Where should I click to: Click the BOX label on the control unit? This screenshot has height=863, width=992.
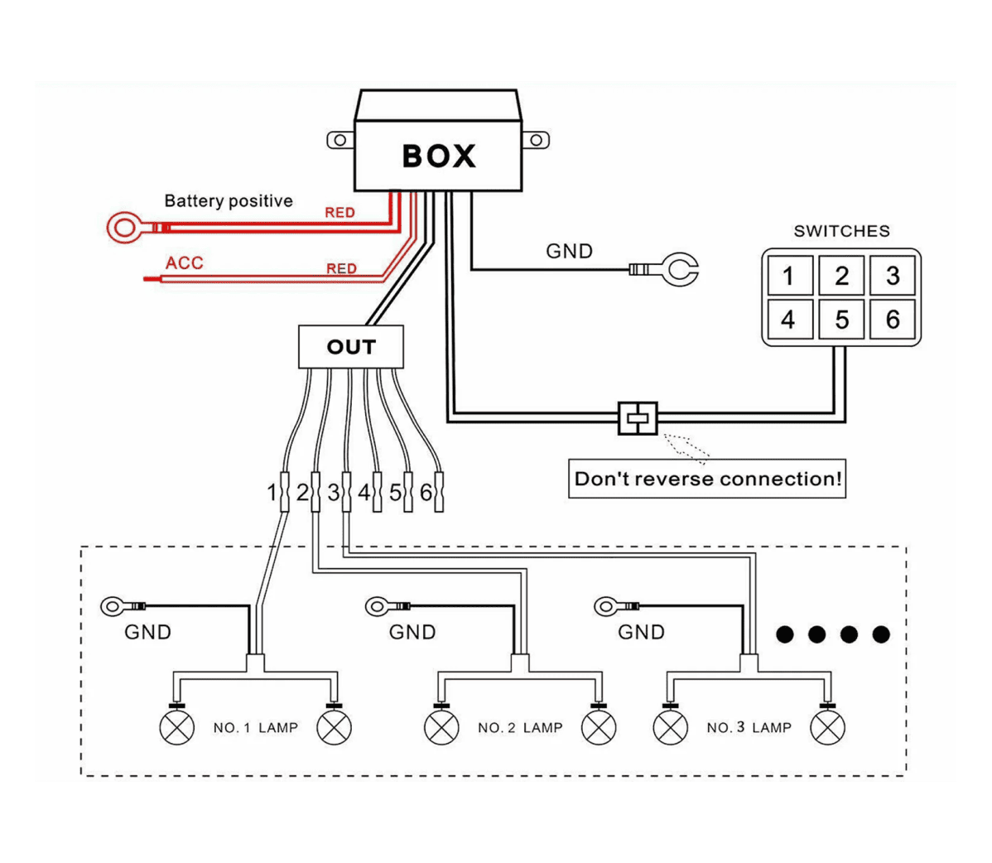438,156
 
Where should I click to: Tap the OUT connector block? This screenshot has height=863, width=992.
350,347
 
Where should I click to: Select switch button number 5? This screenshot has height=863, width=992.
840,320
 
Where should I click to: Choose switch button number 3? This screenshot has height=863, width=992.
892,275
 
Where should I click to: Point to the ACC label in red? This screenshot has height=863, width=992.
184,263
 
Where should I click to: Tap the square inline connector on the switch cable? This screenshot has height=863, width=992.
638,418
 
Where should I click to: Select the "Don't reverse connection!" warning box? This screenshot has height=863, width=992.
706,479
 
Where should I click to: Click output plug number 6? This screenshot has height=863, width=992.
439,492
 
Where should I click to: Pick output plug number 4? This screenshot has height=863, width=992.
377,492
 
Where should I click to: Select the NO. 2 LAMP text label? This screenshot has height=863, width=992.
520,728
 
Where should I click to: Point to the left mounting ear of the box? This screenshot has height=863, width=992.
340,140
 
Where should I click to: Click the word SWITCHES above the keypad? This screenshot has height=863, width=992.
841,231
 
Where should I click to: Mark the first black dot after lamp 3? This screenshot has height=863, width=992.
784,634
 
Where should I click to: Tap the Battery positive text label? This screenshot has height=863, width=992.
229,201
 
